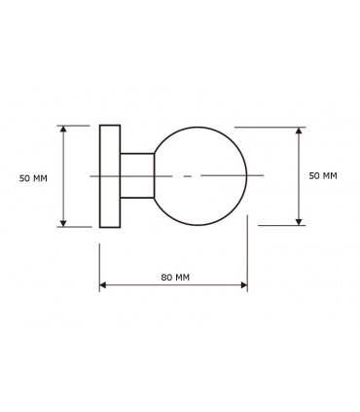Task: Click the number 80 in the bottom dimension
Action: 165,278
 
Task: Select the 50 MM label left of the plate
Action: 33,178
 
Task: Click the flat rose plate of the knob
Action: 110,175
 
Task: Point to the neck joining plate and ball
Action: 136,175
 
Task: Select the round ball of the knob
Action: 201,175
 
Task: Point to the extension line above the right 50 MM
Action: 268,126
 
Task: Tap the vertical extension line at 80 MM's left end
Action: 99,263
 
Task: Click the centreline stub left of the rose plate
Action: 93,175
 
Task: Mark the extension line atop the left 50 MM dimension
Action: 78,125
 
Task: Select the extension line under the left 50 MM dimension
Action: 78,227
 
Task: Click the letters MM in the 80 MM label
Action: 182,278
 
